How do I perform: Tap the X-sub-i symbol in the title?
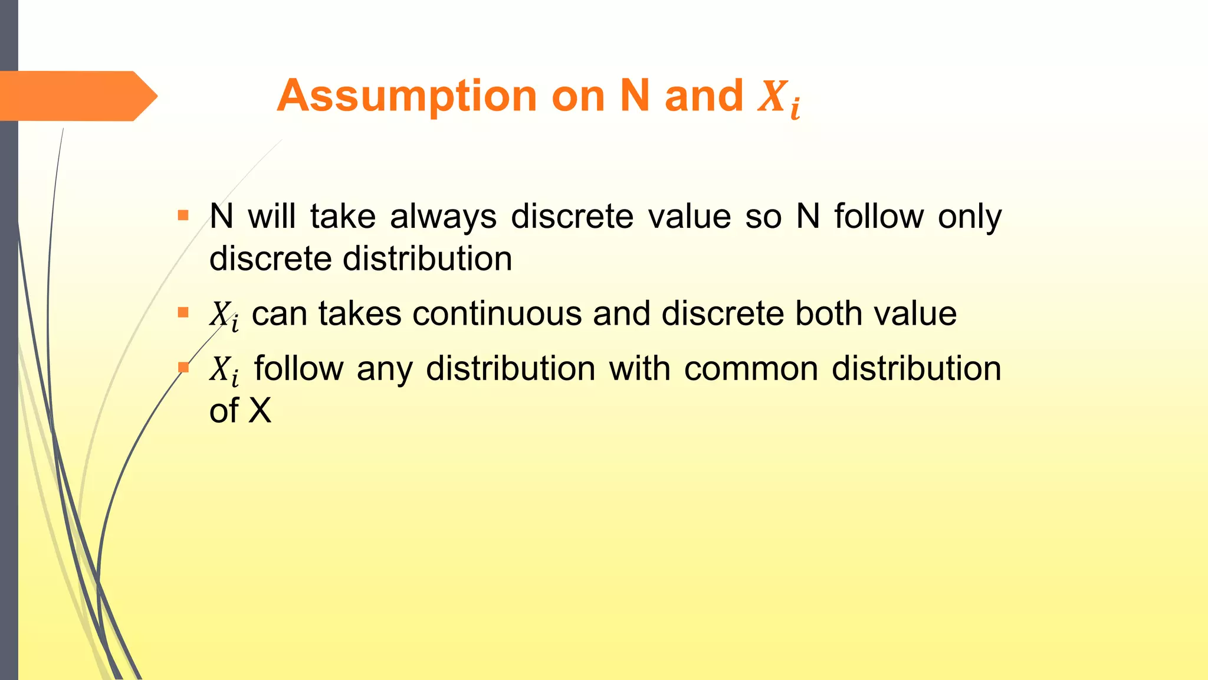pyautogui.click(x=779, y=98)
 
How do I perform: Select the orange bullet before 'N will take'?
pyautogui.click(x=183, y=215)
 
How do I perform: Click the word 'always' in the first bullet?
pyautogui.click(x=443, y=217)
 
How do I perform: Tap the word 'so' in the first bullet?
pyautogui.click(x=763, y=217)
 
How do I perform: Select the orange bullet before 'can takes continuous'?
pyautogui.click(x=183, y=312)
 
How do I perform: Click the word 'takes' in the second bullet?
pyautogui.click(x=360, y=313)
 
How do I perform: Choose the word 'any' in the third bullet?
pyautogui.click(x=384, y=370)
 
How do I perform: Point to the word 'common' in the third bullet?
pyautogui.click(x=751, y=370)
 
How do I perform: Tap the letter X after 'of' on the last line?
pyautogui.click(x=260, y=411)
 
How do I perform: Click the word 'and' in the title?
pyautogui.click(x=704, y=96)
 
